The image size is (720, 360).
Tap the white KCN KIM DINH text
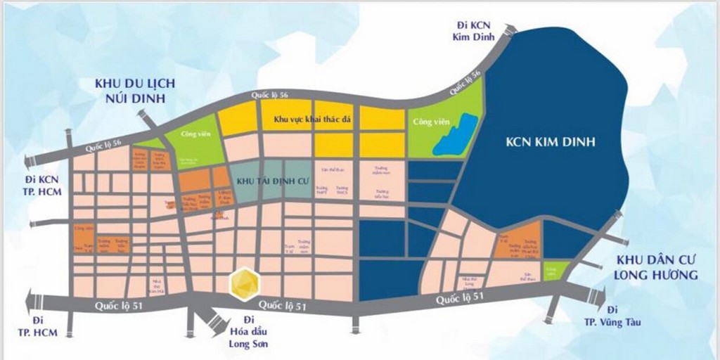(x=551, y=143)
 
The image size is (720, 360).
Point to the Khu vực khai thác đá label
(x=312, y=122)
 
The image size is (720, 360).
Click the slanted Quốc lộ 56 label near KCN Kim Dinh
(x=465, y=82)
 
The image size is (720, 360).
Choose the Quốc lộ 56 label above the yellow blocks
(x=273, y=96)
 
